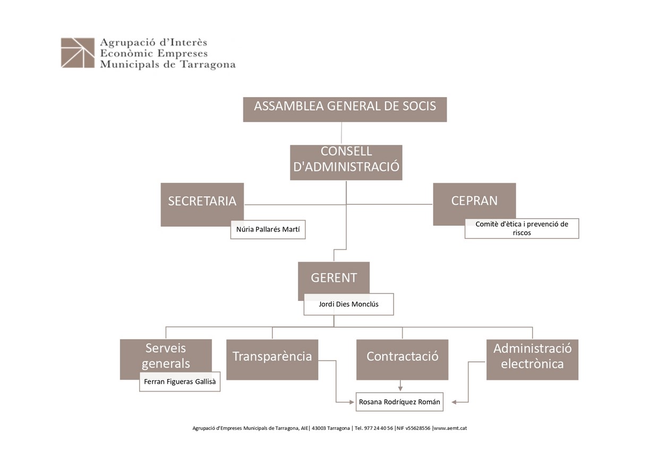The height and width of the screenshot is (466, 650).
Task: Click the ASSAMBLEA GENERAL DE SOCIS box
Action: (x=345, y=109)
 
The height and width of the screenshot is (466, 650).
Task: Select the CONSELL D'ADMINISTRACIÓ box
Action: (x=346, y=162)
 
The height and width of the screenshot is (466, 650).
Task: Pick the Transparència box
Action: (x=272, y=359)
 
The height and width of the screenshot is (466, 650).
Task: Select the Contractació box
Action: (x=402, y=359)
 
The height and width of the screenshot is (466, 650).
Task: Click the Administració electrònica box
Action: (x=533, y=359)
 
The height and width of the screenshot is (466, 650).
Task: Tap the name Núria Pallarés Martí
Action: (x=268, y=229)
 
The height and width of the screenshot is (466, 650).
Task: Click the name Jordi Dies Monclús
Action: (x=348, y=304)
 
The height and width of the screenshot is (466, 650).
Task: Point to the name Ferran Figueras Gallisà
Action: (x=179, y=382)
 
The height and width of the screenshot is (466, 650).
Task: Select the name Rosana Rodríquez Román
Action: (x=399, y=402)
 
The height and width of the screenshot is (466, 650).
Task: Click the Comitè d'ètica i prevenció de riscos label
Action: (x=521, y=228)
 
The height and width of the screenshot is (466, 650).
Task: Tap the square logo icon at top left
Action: (x=78, y=53)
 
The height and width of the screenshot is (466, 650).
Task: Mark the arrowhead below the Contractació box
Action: (x=400, y=389)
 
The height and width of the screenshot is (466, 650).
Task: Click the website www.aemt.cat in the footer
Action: (x=450, y=428)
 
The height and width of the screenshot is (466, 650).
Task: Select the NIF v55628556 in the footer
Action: (x=414, y=428)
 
